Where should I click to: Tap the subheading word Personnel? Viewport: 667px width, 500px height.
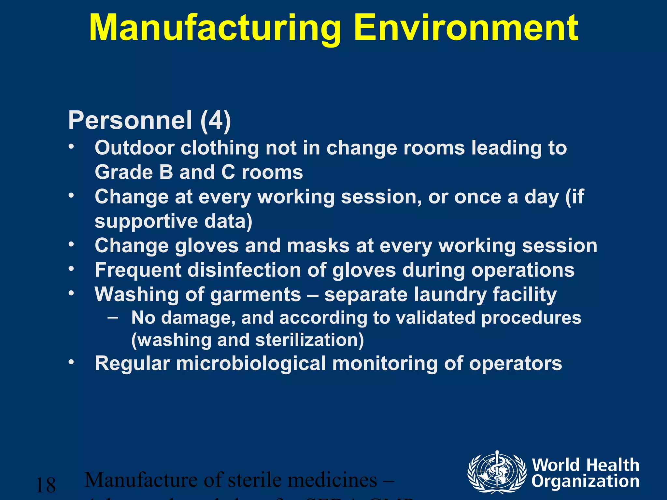coord(130,120)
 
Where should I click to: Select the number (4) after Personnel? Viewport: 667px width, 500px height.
coord(216,120)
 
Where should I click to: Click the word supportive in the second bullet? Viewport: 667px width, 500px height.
coord(146,221)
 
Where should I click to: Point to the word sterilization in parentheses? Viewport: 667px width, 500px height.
coord(309,340)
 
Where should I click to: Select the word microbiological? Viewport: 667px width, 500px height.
coord(251,363)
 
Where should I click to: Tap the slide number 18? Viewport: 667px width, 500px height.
coord(46,485)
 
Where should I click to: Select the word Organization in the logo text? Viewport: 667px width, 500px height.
coord(585,481)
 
